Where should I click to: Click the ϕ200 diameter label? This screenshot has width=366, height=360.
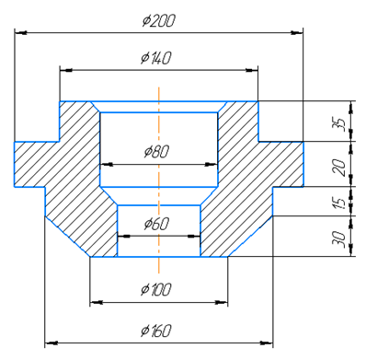coord(159,21)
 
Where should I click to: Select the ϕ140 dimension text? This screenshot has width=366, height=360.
coord(155,58)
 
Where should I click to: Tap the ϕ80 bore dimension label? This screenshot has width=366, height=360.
coord(156,151)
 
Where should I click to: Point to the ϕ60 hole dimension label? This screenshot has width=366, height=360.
coord(156,224)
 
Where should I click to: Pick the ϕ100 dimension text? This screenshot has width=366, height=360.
coord(155,289)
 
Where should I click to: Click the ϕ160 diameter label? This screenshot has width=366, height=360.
coord(155,331)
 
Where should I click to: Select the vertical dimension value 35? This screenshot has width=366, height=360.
coord(340,124)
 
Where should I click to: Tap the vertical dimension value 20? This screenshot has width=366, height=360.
coord(340,168)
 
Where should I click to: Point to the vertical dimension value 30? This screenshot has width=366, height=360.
coord(340,239)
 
